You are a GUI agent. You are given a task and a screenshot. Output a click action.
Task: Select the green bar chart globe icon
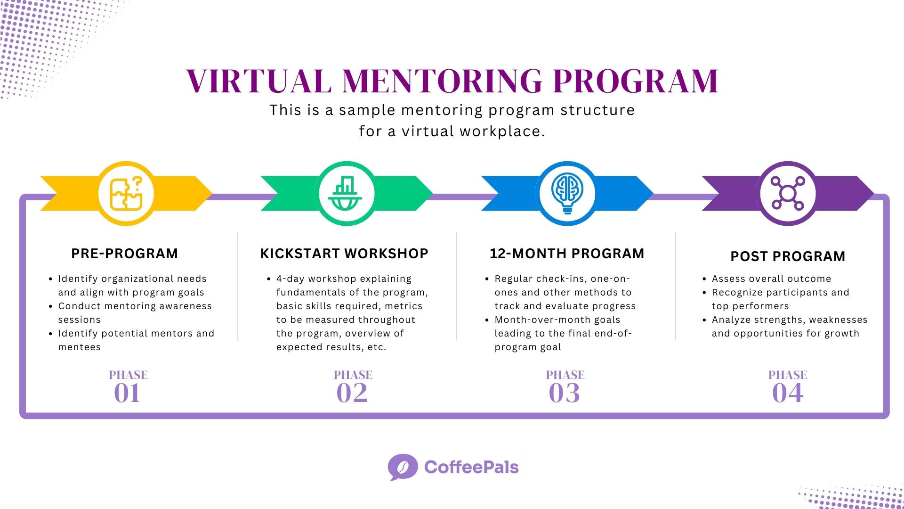[x=347, y=193]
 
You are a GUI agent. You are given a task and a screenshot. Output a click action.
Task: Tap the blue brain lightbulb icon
[x=567, y=193]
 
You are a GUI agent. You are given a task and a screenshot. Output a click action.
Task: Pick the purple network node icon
[x=788, y=193]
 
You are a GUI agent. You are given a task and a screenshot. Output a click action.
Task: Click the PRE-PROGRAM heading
[x=125, y=254]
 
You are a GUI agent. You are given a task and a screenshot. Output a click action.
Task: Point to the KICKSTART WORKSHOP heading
[x=344, y=254]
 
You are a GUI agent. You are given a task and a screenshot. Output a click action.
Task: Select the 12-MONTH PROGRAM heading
[x=567, y=254]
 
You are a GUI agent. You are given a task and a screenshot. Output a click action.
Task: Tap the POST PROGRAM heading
[x=788, y=256]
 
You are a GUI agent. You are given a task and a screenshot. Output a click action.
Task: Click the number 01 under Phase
[x=127, y=393]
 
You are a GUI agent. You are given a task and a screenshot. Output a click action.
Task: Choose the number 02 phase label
[x=352, y=393]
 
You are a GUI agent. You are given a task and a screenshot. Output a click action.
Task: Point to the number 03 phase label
[x=564, y=393]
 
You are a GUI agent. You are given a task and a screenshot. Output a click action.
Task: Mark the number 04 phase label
[x=787, y=393]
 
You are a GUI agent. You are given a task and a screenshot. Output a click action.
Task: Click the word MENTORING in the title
[x=442, y=81]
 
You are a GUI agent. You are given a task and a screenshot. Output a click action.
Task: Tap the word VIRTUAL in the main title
[x=258, y=81]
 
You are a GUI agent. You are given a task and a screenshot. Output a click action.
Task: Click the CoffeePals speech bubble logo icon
[x=403, y=467]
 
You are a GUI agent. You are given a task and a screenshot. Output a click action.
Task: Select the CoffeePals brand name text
[x=471, y=467]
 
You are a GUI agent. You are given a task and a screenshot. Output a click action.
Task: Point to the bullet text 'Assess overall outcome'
[x=771, y=279]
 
